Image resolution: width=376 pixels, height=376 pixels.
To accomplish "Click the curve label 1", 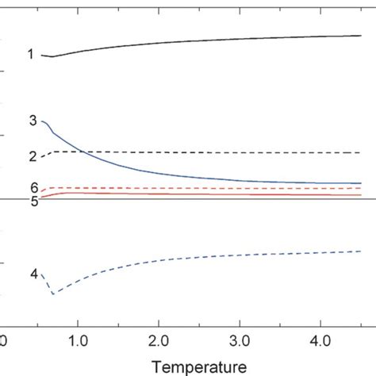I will coord(30,55).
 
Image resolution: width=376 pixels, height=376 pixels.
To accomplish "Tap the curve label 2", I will coord(32,156).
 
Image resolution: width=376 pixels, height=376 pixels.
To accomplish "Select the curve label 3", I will coord(32,121).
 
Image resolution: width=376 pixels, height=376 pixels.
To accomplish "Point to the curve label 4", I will coord(33,274).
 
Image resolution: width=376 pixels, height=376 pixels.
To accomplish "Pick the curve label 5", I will coord(34,201).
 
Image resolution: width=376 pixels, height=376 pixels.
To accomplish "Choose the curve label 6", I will coord(34,187).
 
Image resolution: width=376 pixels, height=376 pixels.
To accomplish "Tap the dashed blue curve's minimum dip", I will coord(53,294).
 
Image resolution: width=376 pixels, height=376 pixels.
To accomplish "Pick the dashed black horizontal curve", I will coord(238,152).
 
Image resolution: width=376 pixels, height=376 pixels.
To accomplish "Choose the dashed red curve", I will coord(238,188).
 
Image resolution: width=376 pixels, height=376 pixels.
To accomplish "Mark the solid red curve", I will coord(238,194).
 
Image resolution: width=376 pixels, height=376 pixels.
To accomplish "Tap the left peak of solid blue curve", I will coord(43,121).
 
